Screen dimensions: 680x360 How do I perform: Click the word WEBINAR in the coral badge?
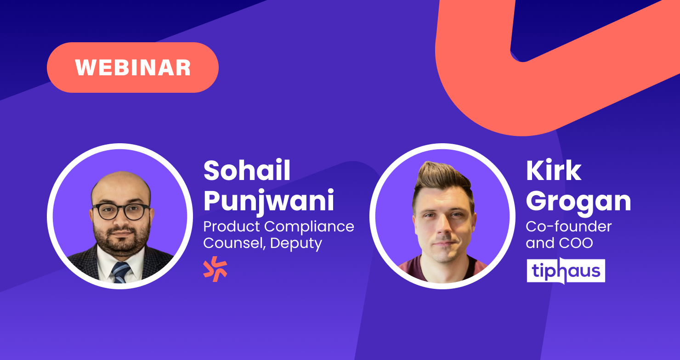(133, 67)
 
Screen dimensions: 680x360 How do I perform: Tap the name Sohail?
(247, 170)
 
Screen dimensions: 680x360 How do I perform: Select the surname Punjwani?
(269, 201)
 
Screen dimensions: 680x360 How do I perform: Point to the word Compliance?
(309, 227)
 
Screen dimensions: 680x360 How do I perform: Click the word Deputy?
(296, 243)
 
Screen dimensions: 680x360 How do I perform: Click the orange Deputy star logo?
(215, 269)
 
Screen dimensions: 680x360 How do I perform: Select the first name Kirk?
(553, 170)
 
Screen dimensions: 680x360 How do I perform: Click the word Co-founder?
(569, 226)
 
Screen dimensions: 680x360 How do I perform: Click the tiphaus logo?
(566, 270)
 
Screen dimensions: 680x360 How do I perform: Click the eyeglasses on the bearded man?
(122, 211)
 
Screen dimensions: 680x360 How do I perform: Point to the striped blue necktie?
(121, 272)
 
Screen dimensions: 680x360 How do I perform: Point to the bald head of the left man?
(121, 185)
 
